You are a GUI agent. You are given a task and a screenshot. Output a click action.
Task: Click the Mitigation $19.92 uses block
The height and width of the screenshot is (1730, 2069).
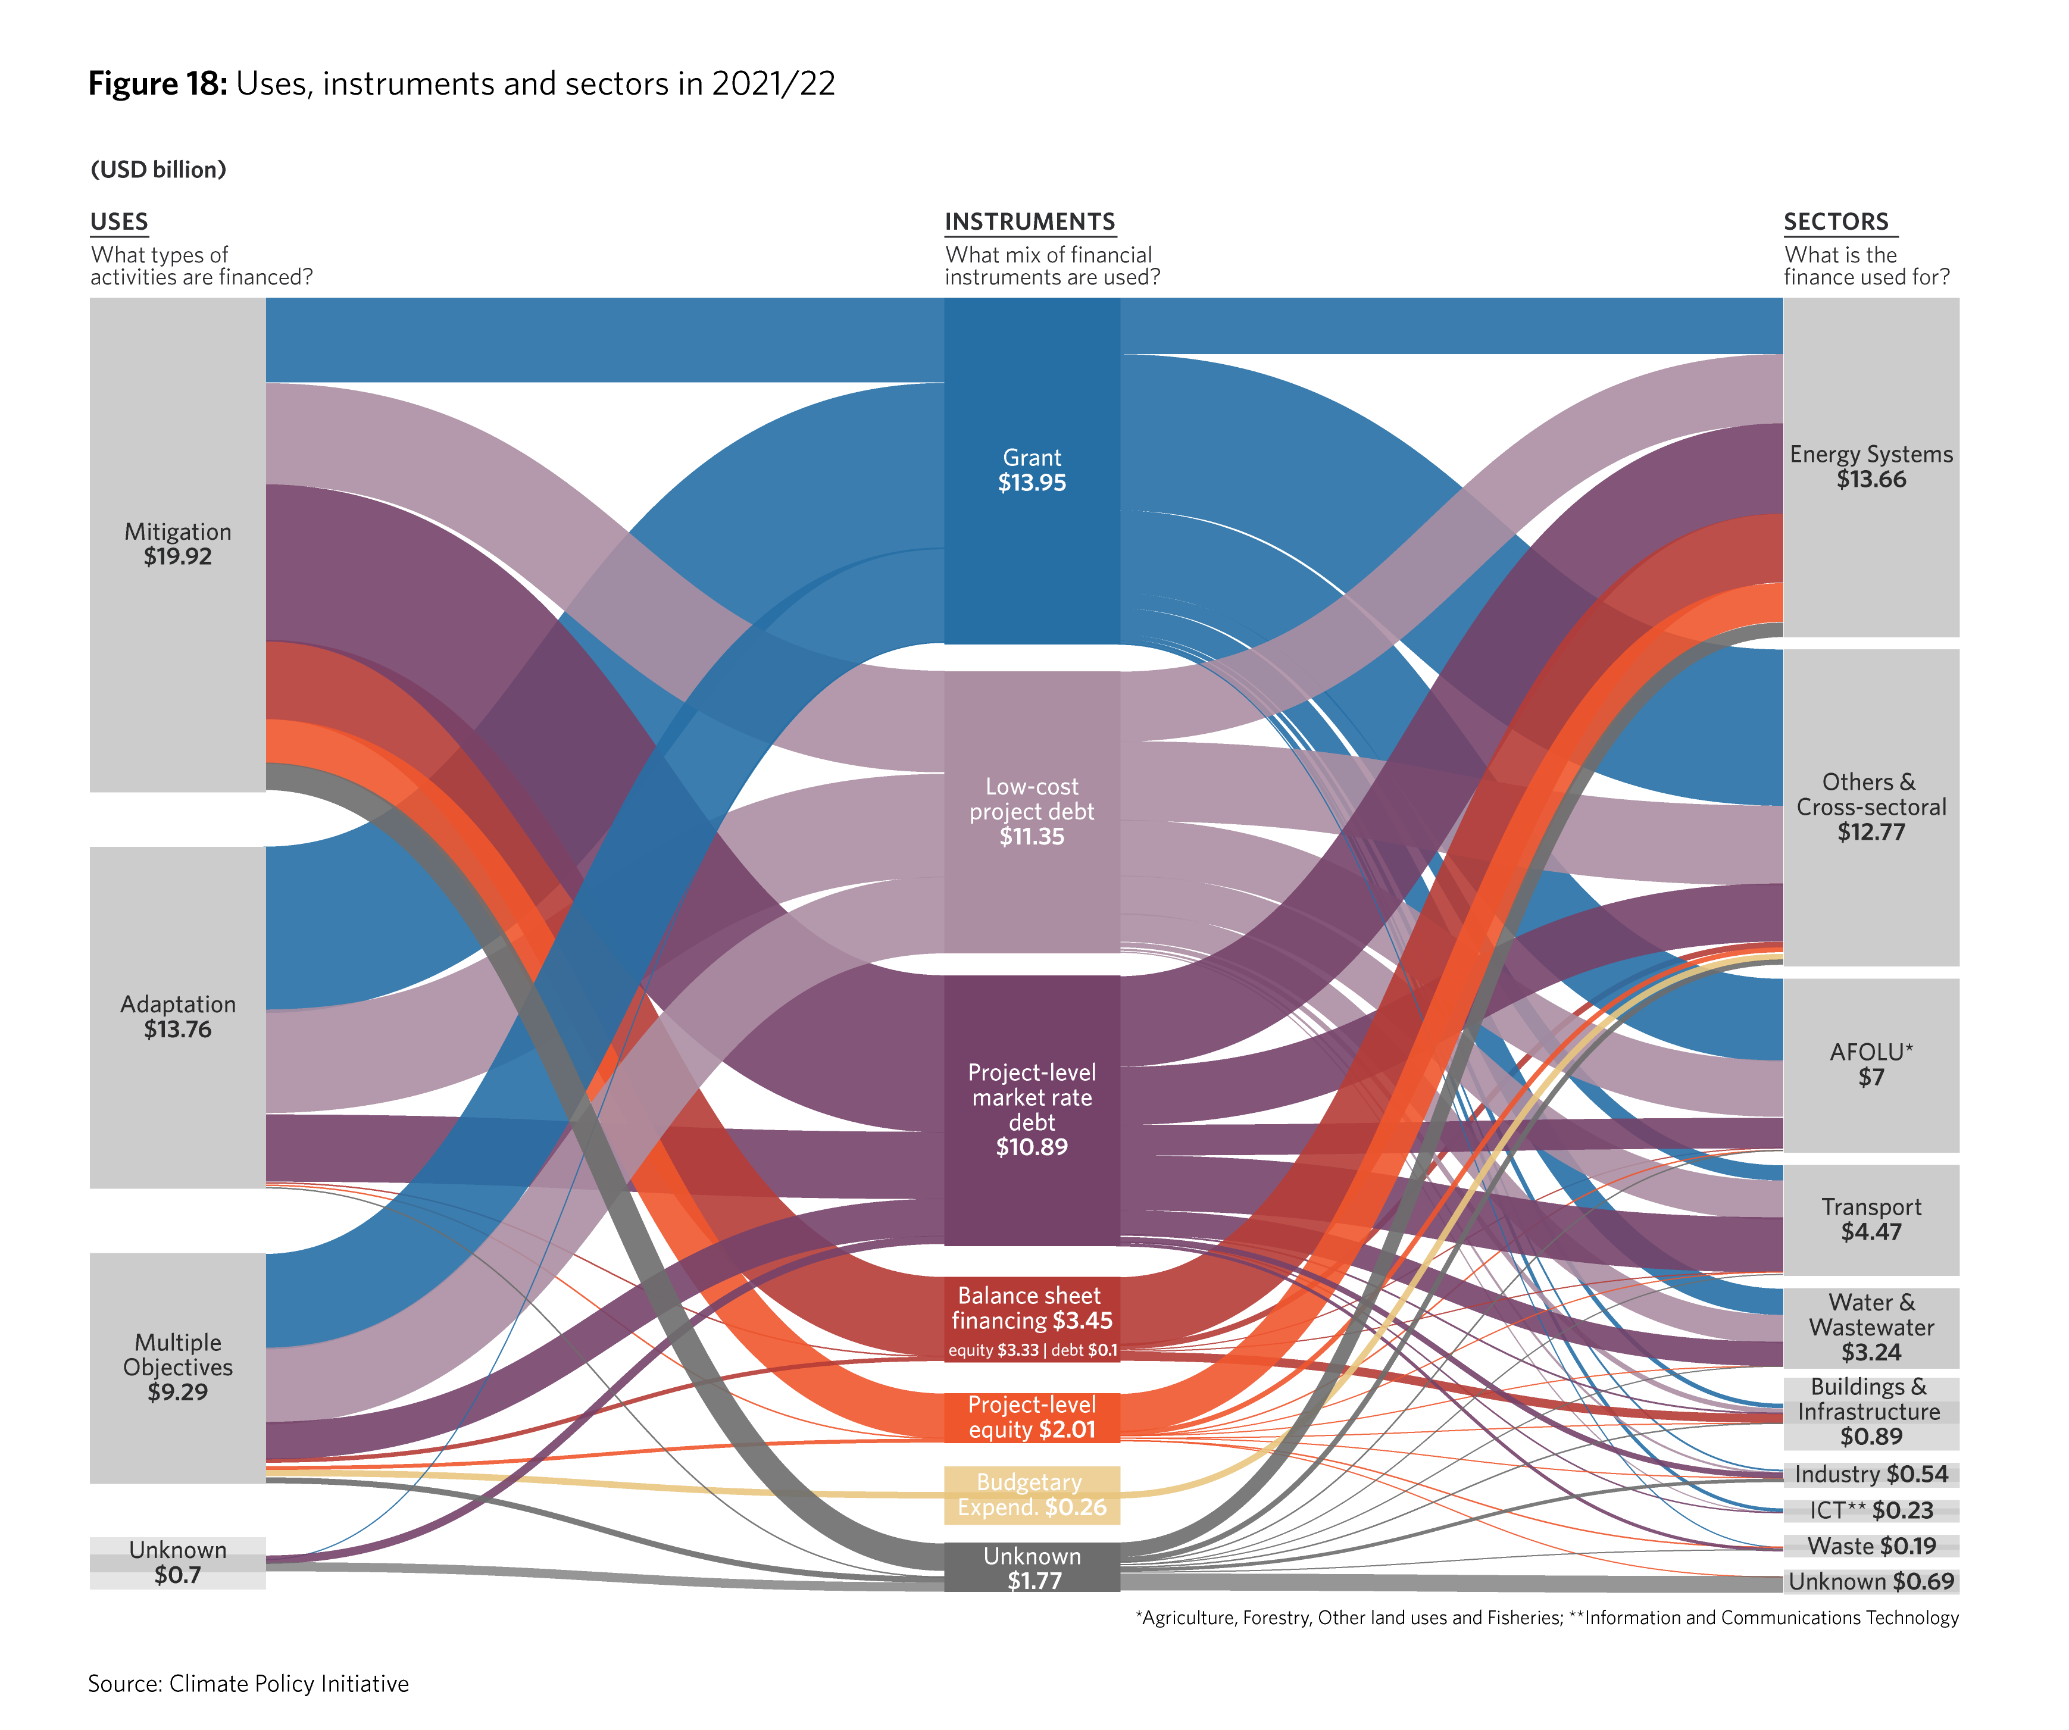click(177, 545)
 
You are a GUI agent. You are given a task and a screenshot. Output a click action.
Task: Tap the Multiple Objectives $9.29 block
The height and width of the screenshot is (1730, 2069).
click(177, 1368)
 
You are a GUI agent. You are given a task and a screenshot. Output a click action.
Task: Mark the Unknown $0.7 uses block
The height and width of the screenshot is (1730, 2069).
click(177, 1563)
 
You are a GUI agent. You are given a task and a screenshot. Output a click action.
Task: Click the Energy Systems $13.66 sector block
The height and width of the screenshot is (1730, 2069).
click(1871, 468)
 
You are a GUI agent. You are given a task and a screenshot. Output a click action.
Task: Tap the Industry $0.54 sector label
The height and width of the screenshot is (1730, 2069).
click(1871, 1475)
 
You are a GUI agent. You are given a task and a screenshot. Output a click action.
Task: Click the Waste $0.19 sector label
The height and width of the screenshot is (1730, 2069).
click(1871, 1547)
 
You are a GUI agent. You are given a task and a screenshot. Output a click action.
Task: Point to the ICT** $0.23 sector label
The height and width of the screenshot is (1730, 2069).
click(1871, 1510)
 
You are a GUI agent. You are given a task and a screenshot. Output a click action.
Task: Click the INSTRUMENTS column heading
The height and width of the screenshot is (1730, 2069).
click(1030, 221)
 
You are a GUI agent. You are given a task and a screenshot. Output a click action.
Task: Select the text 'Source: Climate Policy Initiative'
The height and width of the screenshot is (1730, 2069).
click(248, 1684)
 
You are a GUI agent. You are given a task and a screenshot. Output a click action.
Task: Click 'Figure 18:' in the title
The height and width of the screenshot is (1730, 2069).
click(158, 84)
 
